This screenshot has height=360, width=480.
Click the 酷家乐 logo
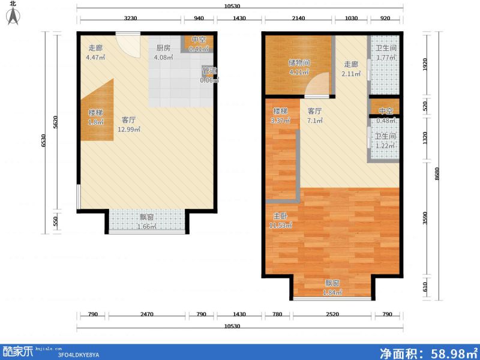point(18,350)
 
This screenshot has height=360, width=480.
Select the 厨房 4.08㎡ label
point(164,53)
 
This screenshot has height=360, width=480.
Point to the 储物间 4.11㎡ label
point(298,66)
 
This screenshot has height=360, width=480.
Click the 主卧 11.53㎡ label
point(280,220)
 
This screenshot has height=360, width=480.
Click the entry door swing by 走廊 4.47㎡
point(127,45)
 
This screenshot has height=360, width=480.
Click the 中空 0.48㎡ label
point(385,115)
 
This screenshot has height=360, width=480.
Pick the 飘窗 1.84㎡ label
point(333,287)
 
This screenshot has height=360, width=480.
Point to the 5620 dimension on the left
point(56,121)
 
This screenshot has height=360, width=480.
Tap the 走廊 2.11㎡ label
point(352,70)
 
